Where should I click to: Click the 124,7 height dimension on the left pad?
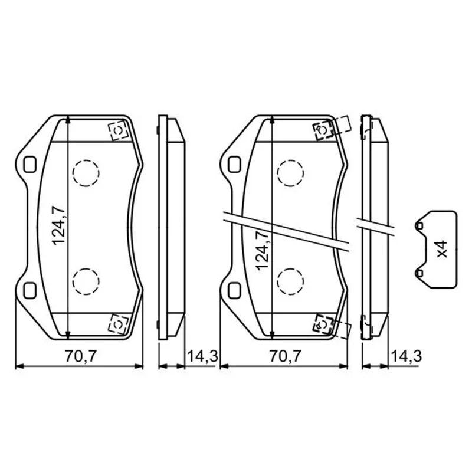[x=58, y=226]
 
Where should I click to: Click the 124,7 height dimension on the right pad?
[x=262, y=250]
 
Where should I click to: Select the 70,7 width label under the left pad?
[x=80, y=356]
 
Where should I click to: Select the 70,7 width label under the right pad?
[x=284, y=356]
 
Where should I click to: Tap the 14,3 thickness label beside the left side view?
[x=202, y=356]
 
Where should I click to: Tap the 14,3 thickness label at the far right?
[x=406, y=356]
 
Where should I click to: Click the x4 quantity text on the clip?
[x=442, y=249]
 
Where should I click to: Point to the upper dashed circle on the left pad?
[x=86, y=173]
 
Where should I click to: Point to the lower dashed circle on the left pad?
[x=86, y=281]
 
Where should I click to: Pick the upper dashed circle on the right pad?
[x=290, y=173]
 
